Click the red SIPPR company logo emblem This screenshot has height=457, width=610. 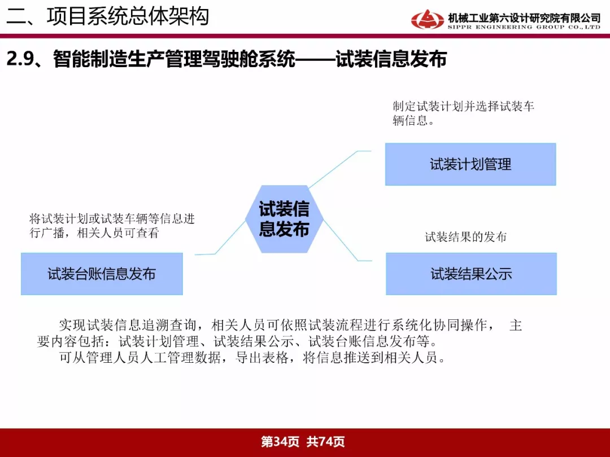[x=427, y=19]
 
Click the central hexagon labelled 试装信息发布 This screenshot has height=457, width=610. [x=284, y=219]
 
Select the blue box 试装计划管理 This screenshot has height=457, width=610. [x=470, y=164]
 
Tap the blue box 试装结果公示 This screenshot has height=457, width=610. [x=471, y=274]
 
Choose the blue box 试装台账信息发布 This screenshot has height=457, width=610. [x=102, y=274]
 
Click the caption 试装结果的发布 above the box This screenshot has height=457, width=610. [x=465, y=236]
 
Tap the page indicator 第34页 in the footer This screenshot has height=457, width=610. [x=280, y=441]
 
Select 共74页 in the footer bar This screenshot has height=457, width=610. [x=326, y=441]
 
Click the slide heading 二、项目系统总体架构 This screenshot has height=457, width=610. [x=108, y=16]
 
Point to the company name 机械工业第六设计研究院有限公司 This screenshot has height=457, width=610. [x=524, y=18]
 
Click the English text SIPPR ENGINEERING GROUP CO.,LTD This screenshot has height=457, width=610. [x=524, y=27]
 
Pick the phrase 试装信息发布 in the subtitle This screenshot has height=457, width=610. [x=391, y=59]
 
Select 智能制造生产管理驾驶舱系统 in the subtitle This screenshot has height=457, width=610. [x=175, y=59]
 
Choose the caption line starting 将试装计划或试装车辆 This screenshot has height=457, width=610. [x=112, y=219]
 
